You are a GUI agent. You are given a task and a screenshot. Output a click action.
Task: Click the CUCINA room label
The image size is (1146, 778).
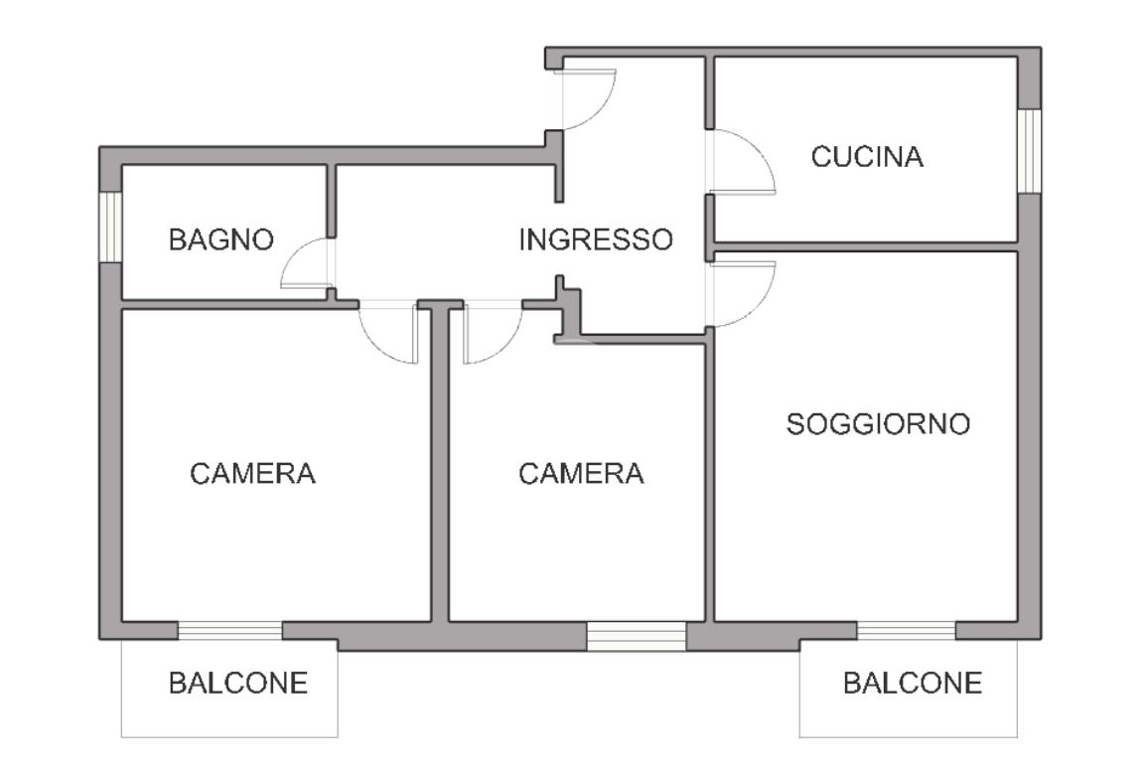pyautogui.click(x=867, y=157)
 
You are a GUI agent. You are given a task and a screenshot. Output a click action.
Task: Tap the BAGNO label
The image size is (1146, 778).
pyautogui.click(x=220, y=239)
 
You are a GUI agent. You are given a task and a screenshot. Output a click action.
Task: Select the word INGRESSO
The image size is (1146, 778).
pyautogui.click(x=596, y=239)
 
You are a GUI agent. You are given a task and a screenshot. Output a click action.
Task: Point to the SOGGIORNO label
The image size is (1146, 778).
pyautogui.click(x=878, y=424)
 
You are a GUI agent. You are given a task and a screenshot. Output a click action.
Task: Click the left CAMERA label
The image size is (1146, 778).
pyautogui.click(x=252, y=474)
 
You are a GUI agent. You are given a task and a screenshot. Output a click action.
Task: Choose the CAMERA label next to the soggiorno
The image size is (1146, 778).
pyautogui.click(x=581, y=474)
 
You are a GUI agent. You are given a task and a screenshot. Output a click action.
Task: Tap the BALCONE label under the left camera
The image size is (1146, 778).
pyautogui.click(x=238, y=683)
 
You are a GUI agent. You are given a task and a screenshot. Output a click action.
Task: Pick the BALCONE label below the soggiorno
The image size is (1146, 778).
pyautogui.click(x=912, y=683)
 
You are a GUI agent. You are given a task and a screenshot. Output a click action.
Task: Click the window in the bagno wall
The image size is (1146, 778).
pyautogui.click(x=110, y=227)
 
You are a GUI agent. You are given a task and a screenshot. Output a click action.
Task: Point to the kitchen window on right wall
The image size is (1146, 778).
pyautogui.click(x=1029, y=151)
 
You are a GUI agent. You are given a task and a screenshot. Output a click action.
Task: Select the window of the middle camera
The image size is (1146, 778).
pyautogui.click(x=636, y=636)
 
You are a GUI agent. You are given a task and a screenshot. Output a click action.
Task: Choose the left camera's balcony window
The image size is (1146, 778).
pyautogui.click(x=230, y=630)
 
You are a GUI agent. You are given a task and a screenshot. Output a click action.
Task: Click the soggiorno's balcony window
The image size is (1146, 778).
pyautogui.click(x=907, y=630)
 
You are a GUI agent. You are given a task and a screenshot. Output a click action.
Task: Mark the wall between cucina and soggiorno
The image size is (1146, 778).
pyautogui.click(x=866, y=246)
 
